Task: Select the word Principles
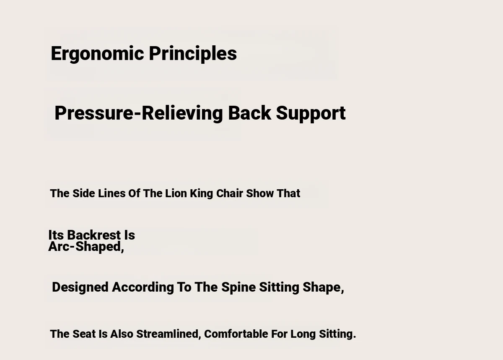click(193, 53)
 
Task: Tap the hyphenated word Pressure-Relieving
click(139, 113)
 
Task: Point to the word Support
click(311, 113)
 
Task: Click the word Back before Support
click(249, 113)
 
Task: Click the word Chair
click(230, 193)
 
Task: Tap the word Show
click(260, 193)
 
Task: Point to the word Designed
click(80, 287)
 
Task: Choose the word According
click(143, 287)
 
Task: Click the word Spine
click(239, 287)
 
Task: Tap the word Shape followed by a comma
click(323, 287)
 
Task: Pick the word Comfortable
click(236, 334)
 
